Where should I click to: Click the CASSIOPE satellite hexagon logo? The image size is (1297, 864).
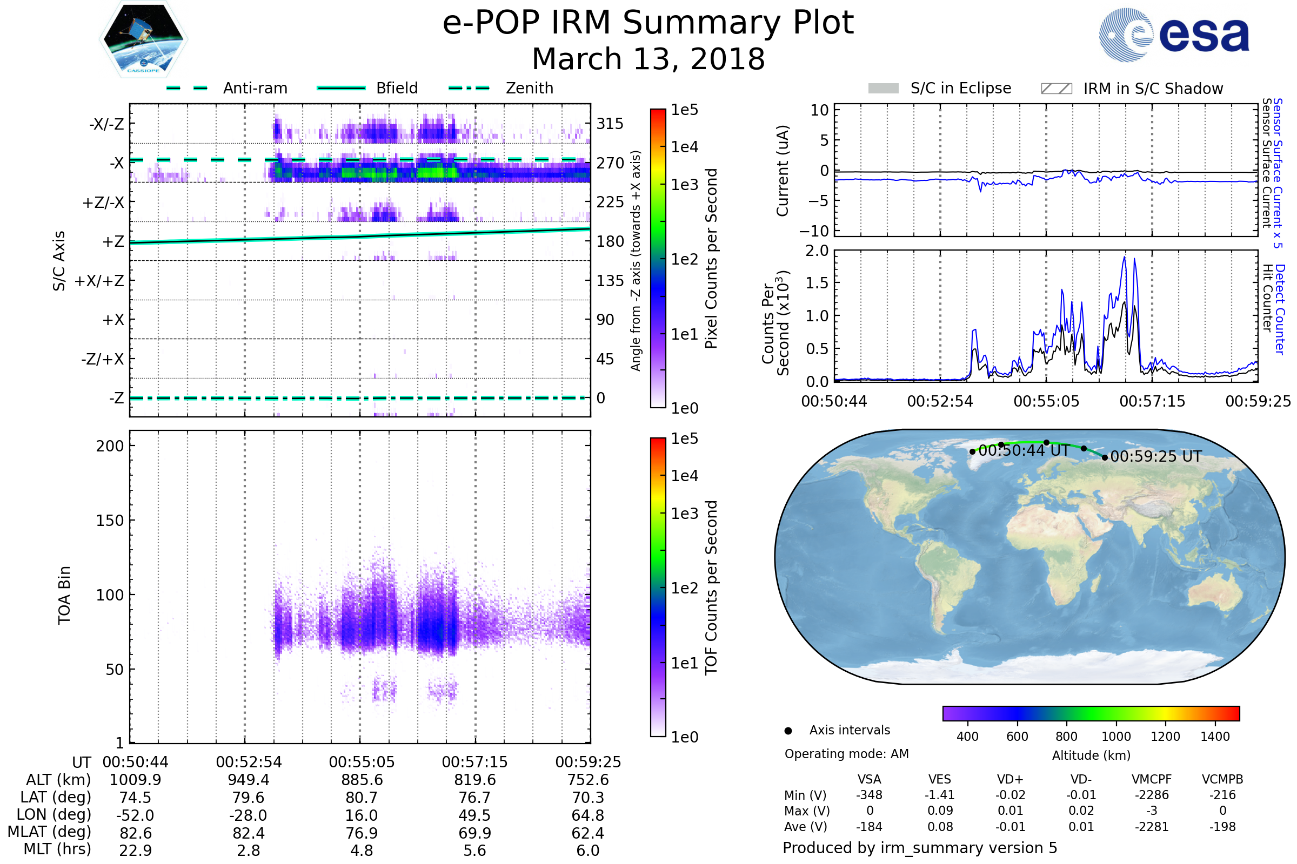[x=143, y=39]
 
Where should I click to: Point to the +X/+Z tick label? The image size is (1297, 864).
[x=99, y=281]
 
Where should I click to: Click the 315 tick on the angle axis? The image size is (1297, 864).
[x=610, y=124]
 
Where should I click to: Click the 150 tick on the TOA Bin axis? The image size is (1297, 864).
[x=110, y=520]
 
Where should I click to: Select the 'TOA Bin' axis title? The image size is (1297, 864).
[x=64, y=595]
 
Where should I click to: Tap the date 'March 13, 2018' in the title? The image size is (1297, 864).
[x=648, y=59]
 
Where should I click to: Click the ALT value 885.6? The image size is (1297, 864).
[x=362, y=780]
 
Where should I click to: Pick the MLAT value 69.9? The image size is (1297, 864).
[x=475, y=833]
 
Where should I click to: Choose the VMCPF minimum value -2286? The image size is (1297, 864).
[x=1152, y=794]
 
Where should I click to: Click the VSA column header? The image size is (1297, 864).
[x=869, y=779]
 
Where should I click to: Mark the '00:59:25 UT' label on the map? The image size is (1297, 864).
[x=1156, y=456]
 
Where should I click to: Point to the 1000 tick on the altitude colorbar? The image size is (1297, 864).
[x=1115, y=737]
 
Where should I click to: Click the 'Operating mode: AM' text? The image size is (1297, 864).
[x=846, y=754]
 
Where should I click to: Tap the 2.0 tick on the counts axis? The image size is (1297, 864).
[x=817, y=251]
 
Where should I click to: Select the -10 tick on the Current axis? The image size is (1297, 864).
[x=814, y=231]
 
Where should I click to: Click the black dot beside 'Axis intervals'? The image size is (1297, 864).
[x=788, y=731]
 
